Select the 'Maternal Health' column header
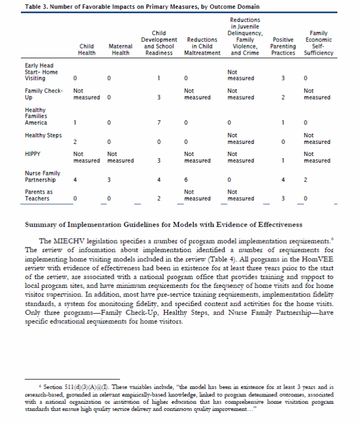(x=120, y=50)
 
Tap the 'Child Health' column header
(x=86, y=50)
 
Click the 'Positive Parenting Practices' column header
(x=283, y=47)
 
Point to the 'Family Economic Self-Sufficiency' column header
(x=319, y=44)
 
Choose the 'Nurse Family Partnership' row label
(x=40, y=176)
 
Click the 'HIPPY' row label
(x=33, y=154)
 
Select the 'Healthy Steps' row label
(x=43, y=136)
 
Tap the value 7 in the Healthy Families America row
(x=159, y=122)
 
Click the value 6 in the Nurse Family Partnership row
(x=186, y=180)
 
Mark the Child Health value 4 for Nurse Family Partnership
(x=75, y=180)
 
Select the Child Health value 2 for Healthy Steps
(x=75, y=142)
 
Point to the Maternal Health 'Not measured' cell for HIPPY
(x=120, y=157)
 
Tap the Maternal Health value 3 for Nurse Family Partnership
(x=109, y=180)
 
